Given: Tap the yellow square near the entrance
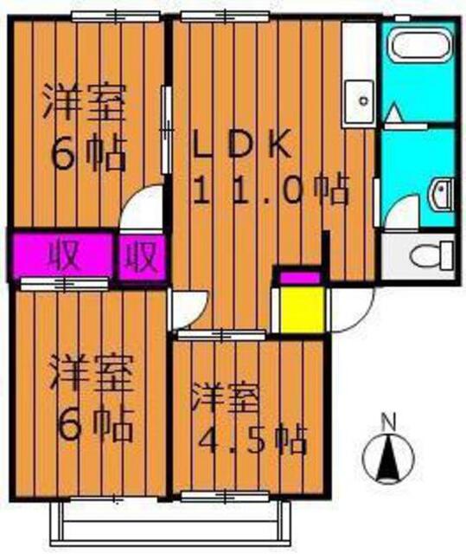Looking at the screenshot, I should (x=298, y=306).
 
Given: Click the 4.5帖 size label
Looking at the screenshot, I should (x=252, y=441).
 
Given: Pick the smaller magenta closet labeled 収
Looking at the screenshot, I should (x=141, y=255).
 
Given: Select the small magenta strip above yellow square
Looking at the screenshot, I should (x=298, y=277).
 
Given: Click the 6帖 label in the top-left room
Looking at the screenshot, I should (x=86, y=156).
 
